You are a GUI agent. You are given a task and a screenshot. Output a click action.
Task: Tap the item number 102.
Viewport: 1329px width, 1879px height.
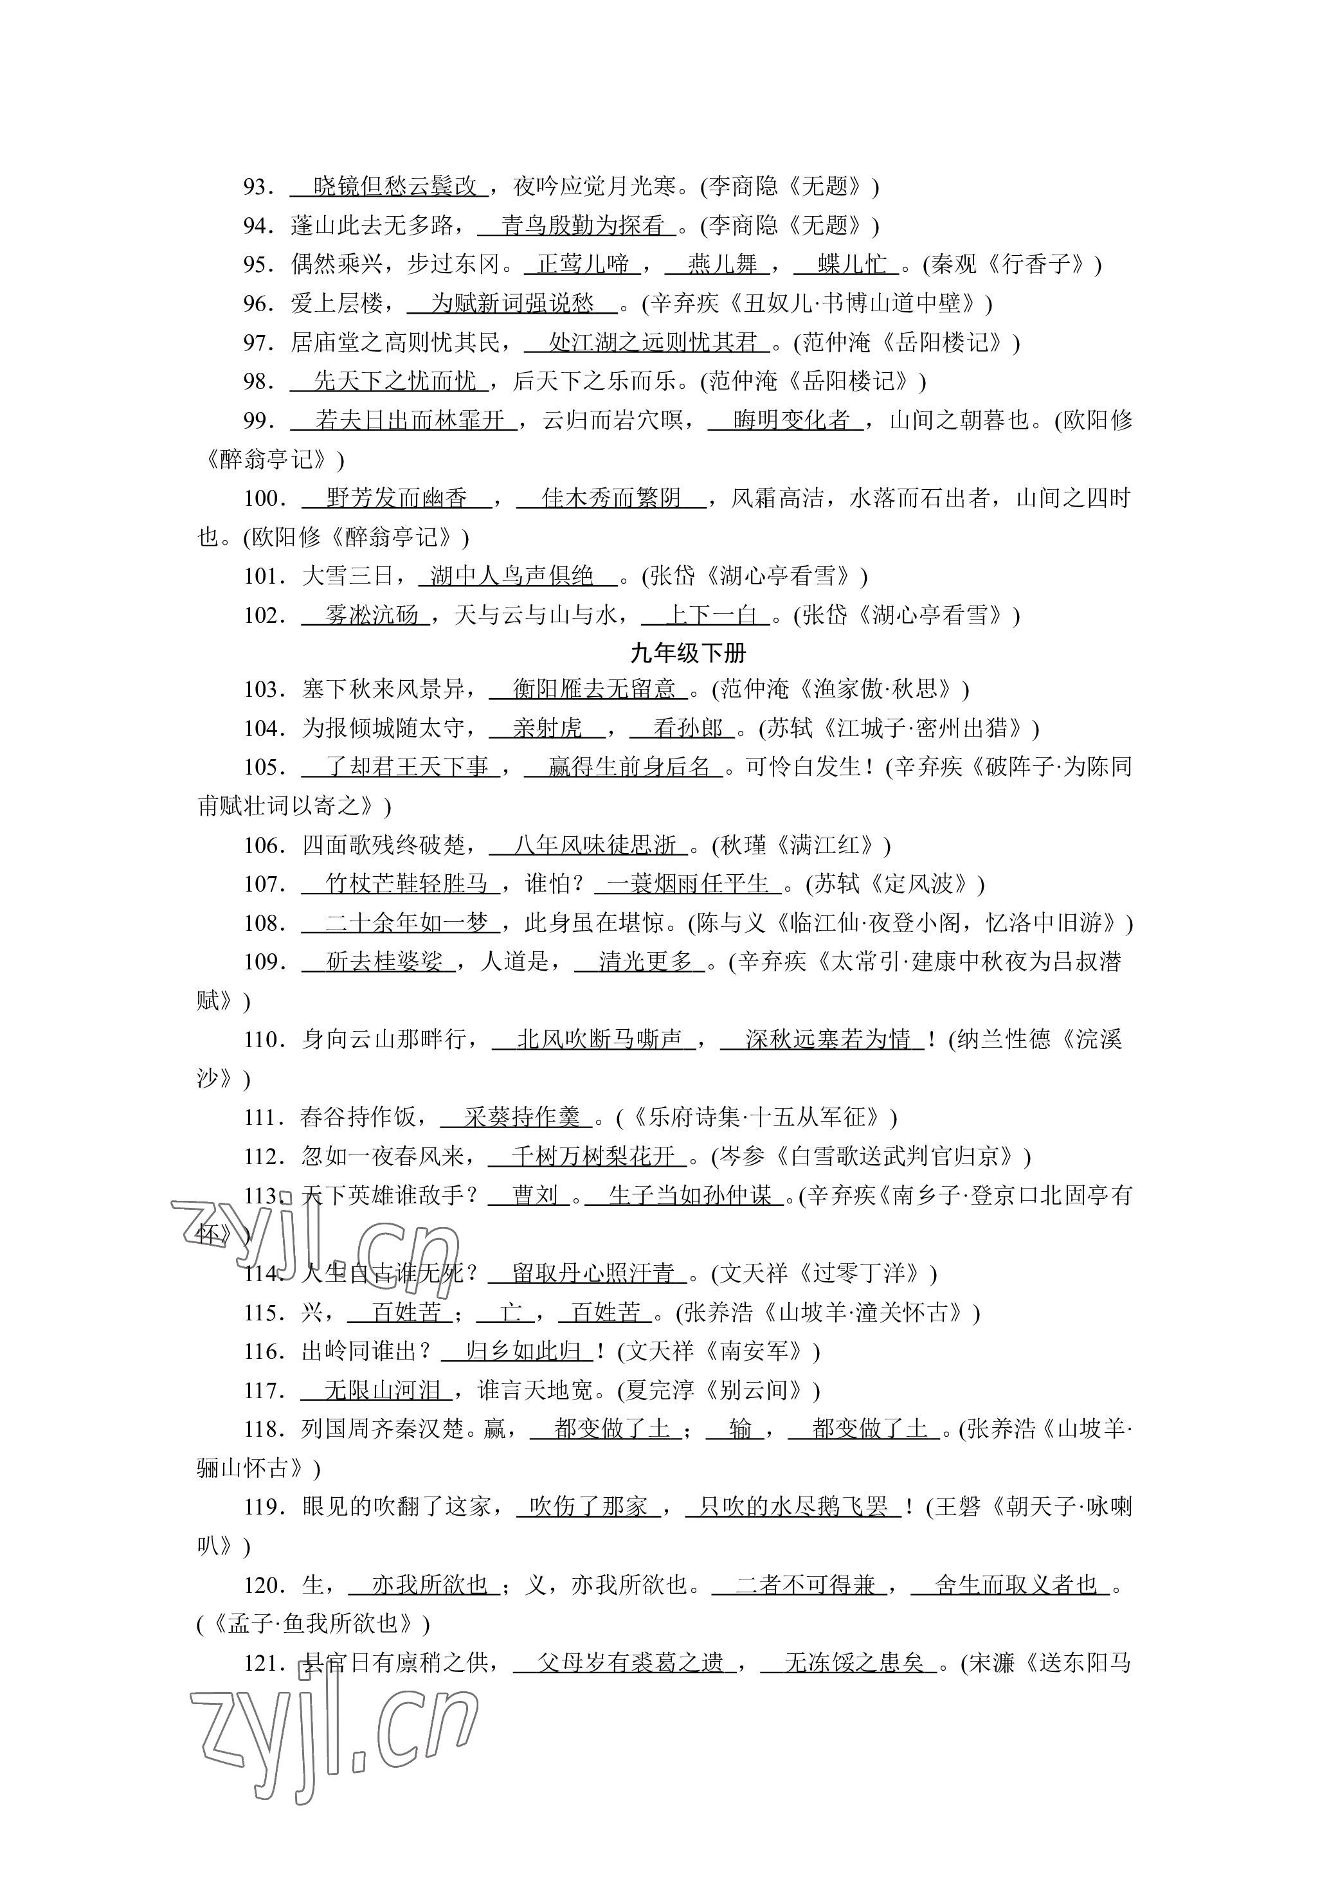[x=264, y=615]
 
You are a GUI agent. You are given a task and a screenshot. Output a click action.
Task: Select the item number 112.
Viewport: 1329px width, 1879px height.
[x=264, y=1157]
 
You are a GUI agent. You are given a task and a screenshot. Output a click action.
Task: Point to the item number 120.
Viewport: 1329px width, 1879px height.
[x=264, y=1585]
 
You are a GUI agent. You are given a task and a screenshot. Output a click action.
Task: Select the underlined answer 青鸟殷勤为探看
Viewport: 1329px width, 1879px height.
[x=582, y=225]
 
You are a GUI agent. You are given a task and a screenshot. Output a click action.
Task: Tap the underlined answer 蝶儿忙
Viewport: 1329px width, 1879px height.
[x=852, y=264]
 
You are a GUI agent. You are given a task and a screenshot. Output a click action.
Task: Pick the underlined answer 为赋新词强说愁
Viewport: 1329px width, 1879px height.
[x=512, y=303]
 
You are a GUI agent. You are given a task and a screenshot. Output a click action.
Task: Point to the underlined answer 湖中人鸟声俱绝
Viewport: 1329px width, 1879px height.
[x=512, y=576]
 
